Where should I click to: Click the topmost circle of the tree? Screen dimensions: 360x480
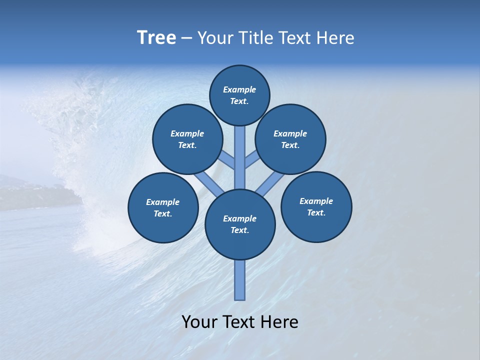239,95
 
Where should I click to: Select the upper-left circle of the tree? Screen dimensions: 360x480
187,139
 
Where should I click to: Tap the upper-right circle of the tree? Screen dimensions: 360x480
290,139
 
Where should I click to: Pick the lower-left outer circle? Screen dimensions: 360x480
163,207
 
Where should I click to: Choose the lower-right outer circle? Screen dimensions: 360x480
316,206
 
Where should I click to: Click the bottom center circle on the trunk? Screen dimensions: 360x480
240,224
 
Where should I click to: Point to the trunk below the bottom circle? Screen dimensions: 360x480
240,280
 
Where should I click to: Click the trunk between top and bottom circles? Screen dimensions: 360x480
240,157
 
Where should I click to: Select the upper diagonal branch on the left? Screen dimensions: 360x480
227,160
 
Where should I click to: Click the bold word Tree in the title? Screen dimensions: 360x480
156,37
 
